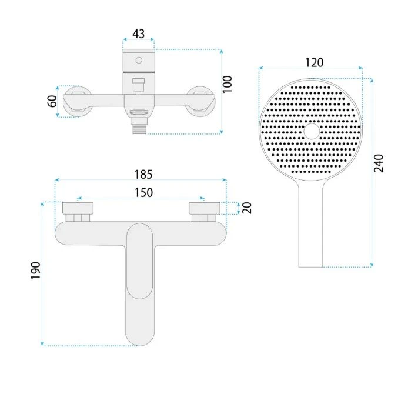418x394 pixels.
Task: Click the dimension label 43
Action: (x=139, y=34)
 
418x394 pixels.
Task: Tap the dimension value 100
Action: (x=228, y=84)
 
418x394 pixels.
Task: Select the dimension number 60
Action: (x=52, y=101)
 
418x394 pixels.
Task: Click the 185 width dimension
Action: (x=143, y=174)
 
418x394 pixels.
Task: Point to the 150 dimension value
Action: (x=143, y=192)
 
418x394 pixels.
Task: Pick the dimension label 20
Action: (x=247, y=208)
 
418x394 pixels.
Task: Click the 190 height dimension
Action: (x=35, y=271)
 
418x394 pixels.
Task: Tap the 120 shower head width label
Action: (x=314, y=63)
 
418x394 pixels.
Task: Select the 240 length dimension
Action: (x=379, y=163)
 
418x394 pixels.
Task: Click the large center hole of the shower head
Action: (x=312, y=131)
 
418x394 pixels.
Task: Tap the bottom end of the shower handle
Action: (x=310, y=266)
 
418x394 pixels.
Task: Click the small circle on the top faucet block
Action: (x=139, y=60)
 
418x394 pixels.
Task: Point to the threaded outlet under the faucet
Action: (x=139, y=128)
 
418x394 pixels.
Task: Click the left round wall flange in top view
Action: (x=77, y=102)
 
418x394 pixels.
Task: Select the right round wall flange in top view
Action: (x=200, y=102)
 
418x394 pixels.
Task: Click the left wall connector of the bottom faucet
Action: (x=78, y=212)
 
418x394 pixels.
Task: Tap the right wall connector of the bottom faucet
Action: (x=204, y=212)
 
